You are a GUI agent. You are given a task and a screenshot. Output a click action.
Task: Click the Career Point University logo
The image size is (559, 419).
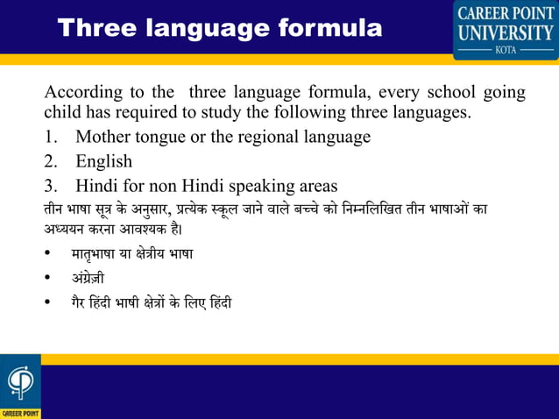[x=505, y=29]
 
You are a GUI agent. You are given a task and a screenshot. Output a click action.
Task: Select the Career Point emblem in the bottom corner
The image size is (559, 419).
[x=19, y=386]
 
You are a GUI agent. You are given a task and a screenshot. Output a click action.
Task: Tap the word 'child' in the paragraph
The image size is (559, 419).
[x=63, y=112]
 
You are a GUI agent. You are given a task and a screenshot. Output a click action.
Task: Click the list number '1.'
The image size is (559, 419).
[x=51, y=137]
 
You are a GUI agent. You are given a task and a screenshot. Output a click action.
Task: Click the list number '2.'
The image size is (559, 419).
[x=51, y=161]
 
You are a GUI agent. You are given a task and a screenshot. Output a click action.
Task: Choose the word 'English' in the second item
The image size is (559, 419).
[x=103, y=161]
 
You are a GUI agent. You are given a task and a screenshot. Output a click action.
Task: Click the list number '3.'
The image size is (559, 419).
[x=51, y=186]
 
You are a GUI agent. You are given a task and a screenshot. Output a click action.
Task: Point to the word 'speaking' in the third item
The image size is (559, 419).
[x=254, y=186]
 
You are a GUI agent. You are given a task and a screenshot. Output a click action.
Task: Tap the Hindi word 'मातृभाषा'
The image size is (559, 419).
[x=98, y=254]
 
